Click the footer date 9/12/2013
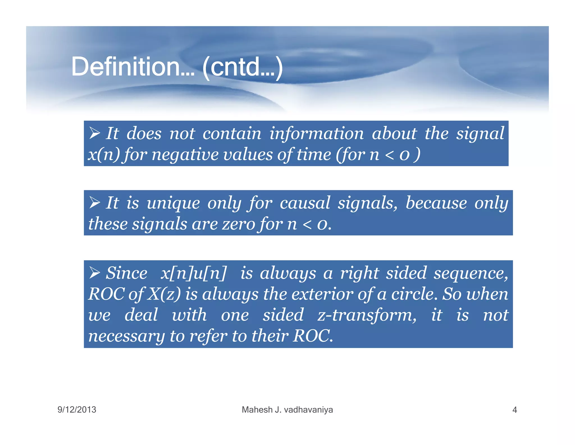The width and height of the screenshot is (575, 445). click(77, 410)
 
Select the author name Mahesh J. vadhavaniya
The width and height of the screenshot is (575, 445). click(287, 410)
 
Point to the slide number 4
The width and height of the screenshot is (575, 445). click(514, 410)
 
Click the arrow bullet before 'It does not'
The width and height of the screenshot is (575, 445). click(95, 133)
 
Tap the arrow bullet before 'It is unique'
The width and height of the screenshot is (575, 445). click(95, 202)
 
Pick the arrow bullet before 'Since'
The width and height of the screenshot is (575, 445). click(95, 272)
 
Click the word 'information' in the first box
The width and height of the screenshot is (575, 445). click(316, 133)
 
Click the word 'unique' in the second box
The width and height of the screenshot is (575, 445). click(173, 203)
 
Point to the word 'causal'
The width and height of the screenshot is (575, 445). click(305, 203)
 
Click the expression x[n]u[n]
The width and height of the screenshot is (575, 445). click(193, 273)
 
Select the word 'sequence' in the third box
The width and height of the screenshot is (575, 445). click(471, 273)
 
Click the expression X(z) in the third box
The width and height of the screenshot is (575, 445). click(164, 294)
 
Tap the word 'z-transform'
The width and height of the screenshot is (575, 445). click(367, 315)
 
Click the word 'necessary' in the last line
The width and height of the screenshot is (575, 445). click(126, 336)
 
